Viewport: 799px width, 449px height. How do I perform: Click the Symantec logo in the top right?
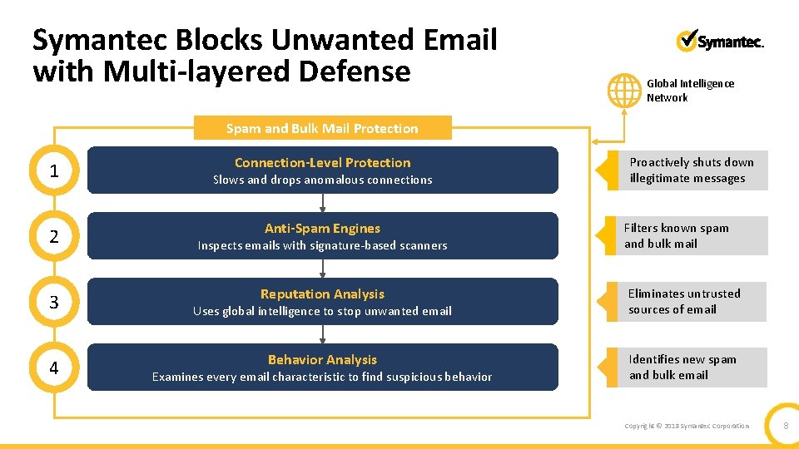click(x=720, y=42)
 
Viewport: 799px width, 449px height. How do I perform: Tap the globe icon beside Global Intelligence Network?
click(x=623, y=90)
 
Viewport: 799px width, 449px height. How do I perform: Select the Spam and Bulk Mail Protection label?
click(x=322, y=128)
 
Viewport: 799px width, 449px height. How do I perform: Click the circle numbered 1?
click(x=54, y=171)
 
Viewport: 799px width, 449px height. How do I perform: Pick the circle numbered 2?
click(x=54, y=237)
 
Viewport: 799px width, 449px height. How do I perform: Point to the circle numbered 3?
click(x=54, y=303)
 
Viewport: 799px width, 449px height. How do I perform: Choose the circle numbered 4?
click(x=54, y=368)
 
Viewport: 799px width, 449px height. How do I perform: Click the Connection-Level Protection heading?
click(x=322, y=163)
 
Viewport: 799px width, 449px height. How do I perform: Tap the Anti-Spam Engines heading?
click(x=322, y=229)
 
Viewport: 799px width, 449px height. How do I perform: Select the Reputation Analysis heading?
click(x=322, y=294)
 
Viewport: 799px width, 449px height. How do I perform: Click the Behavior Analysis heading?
click(x=322, y=360)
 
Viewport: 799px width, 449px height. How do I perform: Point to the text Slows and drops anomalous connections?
click(x=322, y=180)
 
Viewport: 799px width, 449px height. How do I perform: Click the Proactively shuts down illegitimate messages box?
click(x=692, y=170)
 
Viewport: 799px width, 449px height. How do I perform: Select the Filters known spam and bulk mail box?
click(x=692, y=236)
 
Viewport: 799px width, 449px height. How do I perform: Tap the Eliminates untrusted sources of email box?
click(x=692, y=302)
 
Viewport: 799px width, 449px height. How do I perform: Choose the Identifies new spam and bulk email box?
click(x=692, y=368)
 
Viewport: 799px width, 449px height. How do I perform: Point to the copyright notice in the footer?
click(x=687, y=426)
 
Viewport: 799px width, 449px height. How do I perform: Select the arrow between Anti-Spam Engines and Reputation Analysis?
click(x=322, y=267)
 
